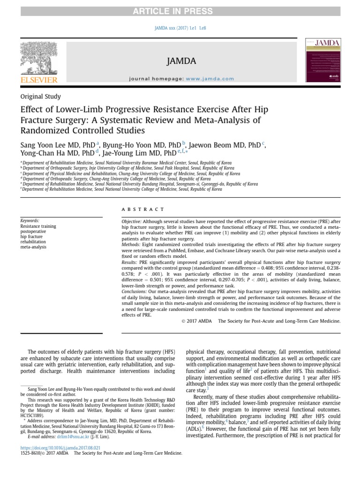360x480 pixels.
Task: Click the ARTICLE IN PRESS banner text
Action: pos(180,11)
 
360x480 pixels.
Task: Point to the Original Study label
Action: pos(40,97)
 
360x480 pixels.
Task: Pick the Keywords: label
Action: pos(30,221)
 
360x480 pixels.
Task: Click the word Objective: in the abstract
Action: pos(132,221)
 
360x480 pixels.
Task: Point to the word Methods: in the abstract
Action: pos(131,245)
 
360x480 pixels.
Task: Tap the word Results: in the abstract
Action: pos(130,262)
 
